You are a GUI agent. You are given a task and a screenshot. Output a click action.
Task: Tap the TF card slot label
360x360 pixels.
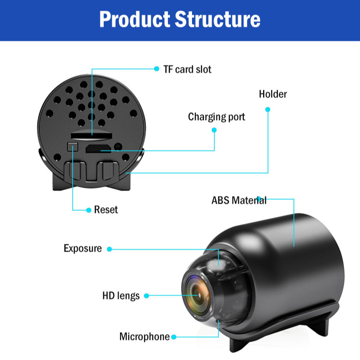(x=187, y=70)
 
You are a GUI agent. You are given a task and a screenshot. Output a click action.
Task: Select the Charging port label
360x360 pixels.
(x=216, y=117)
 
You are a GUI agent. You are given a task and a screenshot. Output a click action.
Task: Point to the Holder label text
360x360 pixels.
(x=273, y=94)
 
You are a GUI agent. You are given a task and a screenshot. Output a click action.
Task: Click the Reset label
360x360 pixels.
(x=106, y=210)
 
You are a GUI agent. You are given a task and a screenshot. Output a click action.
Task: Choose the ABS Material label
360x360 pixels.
(x=239, y=200)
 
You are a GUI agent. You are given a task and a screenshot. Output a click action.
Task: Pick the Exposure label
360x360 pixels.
(x=83, y=248)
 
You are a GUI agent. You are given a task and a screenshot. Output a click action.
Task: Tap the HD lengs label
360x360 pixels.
(x=121, y=296)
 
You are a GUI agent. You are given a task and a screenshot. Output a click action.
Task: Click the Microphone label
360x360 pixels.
(x=144, y=336)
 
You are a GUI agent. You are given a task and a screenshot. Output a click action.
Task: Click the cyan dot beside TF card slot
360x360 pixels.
(x=156, y=69)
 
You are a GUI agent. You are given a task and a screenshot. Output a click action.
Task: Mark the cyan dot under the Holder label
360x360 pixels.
(x=268, y=109)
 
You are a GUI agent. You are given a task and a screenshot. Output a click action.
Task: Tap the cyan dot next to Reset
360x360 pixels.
(x=89, y=210)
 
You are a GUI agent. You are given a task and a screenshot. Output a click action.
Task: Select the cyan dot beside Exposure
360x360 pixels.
(x=109, y=249)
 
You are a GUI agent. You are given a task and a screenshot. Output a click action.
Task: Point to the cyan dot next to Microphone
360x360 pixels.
(x=174, y=337)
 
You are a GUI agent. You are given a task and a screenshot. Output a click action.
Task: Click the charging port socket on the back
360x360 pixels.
(x=98, y=148)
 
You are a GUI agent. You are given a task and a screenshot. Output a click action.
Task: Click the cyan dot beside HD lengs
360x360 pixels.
(x=146, y=296)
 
